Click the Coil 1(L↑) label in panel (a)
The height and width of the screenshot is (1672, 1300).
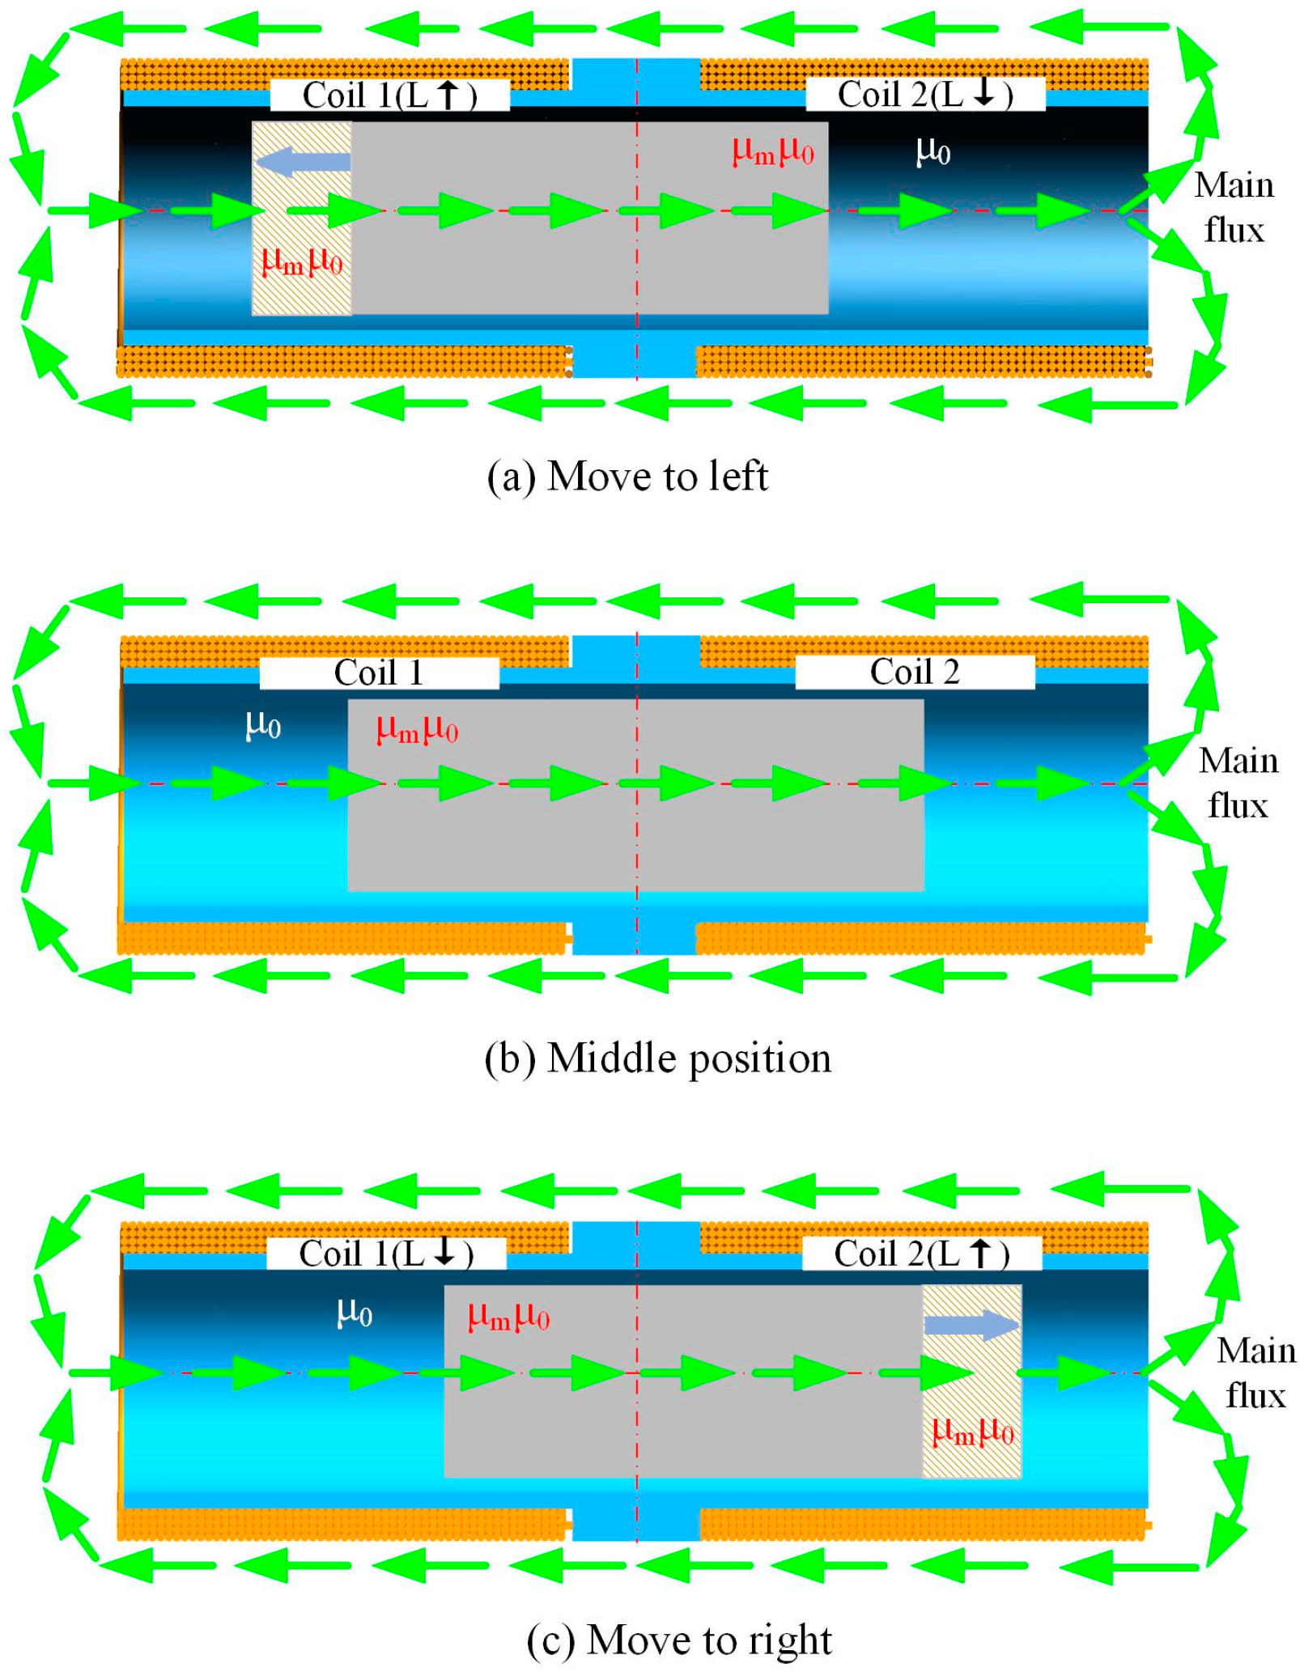(x=389, y=95)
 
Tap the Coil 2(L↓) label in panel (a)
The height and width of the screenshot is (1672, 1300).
(x=925, y=94)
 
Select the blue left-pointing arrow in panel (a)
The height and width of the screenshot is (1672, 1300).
(x=303, y=161)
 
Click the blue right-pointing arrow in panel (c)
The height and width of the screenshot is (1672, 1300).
(x=971, y=1325)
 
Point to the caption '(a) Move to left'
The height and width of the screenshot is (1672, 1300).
(x=627, y=476)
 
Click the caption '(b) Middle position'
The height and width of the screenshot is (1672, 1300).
(x=657, y=1058)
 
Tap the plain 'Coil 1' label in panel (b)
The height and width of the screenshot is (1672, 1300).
(x=379, y=673)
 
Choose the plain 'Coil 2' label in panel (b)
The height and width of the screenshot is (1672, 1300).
(x=915, y=672)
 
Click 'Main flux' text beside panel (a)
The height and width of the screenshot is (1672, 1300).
(x=1234, y=208)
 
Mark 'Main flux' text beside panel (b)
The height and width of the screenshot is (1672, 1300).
(x=1238, y=783)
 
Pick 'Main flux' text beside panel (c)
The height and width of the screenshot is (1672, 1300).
(x=1255, y=1373)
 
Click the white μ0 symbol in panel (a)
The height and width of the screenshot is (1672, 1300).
(x=933, y=151)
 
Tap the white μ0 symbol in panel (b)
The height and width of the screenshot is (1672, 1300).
(x=263, y=725)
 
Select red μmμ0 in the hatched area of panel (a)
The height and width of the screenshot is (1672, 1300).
(x=302, y=262)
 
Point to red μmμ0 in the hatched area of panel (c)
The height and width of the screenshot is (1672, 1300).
(x=972, y=1432)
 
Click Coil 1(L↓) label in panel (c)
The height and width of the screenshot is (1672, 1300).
(x=386, y=1254)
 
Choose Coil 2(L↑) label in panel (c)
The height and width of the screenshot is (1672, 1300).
(x=922, y=1254)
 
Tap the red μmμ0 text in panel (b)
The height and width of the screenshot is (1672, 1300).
(x=417, y=730)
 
